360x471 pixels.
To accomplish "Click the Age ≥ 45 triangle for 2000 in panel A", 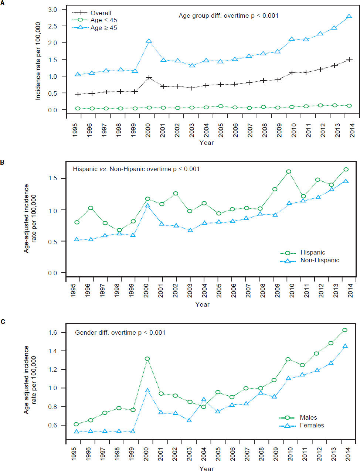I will point(149,41).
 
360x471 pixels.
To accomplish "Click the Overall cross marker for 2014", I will point(349,59).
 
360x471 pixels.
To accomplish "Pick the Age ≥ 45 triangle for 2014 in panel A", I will point(349,17).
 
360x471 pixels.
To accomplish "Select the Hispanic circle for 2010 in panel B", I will point(289,172).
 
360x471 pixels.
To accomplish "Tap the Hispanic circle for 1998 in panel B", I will point(119,230).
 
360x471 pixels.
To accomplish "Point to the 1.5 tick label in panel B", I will point(52,178).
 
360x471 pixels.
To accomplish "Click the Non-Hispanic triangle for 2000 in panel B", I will point(147,206).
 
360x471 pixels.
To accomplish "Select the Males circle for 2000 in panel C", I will point(147,359).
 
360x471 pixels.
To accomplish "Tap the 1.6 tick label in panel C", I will point(53,332).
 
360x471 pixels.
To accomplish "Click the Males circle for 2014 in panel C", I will point(345,330).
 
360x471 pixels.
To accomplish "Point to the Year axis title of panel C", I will point(207,468).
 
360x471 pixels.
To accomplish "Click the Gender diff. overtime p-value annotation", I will point(120,333).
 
